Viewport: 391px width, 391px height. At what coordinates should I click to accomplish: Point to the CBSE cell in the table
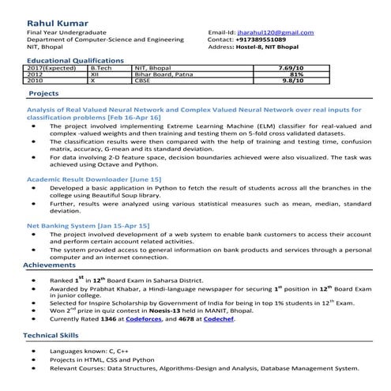(x=143, y=81)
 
